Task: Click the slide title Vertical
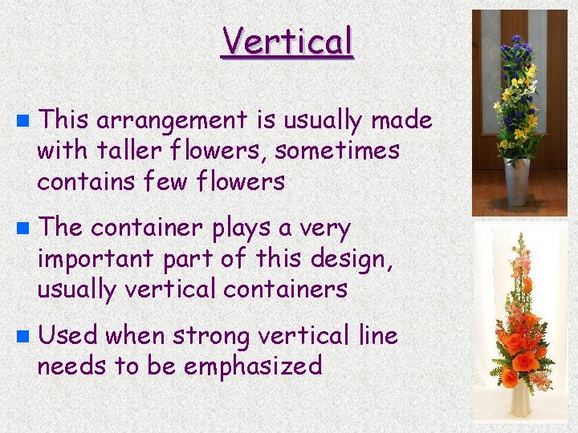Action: point(287,41)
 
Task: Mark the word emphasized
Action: point(253,366)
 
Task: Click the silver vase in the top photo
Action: point(518,181)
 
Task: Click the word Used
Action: point(67,336)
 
